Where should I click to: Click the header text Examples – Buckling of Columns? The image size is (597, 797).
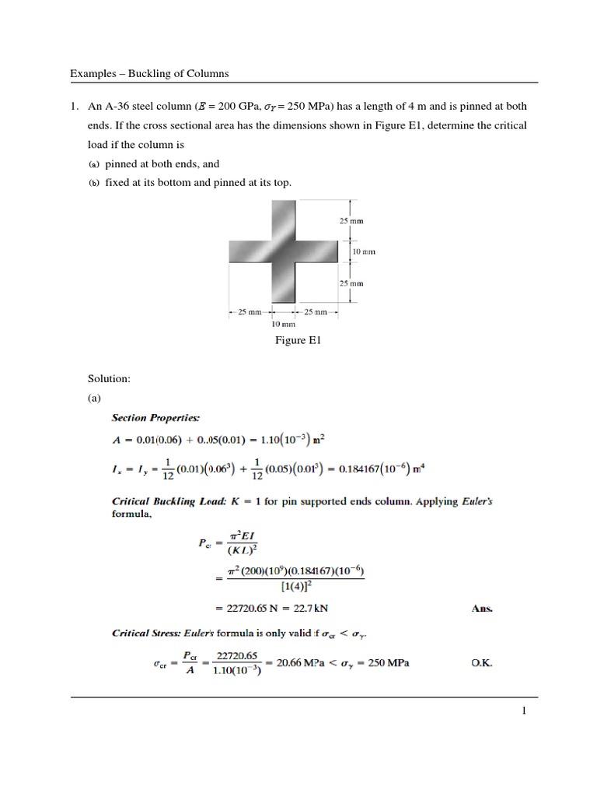[x=149, y=74]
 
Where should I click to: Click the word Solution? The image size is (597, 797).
[x=109, y=378]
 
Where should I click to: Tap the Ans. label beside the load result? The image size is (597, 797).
[x=482, y=609]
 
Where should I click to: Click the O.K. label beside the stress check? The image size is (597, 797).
[x=482, y=664]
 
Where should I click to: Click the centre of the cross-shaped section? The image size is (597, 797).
[x=283, y=251]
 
